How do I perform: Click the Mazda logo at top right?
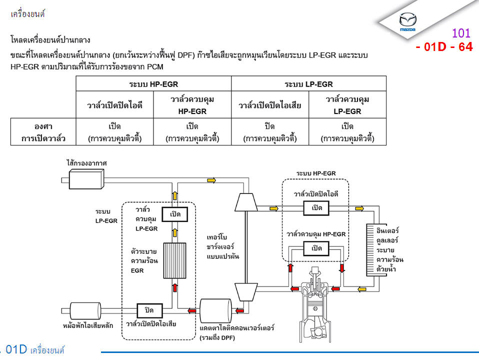click(x=407, y=22)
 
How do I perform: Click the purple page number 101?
click(x=461, y=33)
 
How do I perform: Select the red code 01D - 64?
click(x=444, y=47)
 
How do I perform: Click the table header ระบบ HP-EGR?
click(x=153, y=83)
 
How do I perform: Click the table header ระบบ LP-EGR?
click(x=308, y=83)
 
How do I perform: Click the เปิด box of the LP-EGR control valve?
click(x=175, y=214)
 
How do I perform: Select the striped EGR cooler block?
click(x=175, y=260)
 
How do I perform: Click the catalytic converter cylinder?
click(x=215, y=311)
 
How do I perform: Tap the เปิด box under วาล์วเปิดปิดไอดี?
click(x=316, y=207)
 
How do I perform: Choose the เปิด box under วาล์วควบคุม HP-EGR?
click(x=316, y=248)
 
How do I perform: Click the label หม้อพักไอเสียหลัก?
click(x=88, y=325)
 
